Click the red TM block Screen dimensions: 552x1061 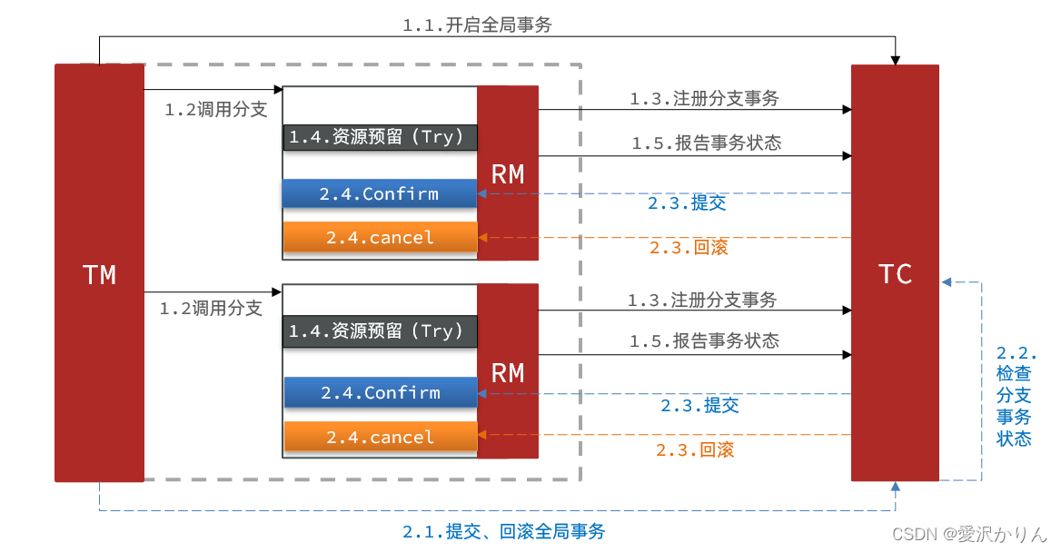[x=99, y=272]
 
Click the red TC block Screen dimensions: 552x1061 [x=895, y=272]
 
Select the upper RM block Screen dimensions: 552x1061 [x=508, y=173]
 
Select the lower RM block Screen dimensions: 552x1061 [x=508, y=371]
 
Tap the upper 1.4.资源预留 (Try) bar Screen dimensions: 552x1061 [x=380, y=137]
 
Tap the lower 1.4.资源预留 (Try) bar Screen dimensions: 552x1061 [x=380, y=331]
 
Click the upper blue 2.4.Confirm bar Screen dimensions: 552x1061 [x=380, y=193]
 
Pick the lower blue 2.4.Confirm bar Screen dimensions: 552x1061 [x=381, y=392]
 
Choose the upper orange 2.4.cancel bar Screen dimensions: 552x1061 [x=380, y=237]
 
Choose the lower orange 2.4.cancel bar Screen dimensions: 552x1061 [x=381, y=437]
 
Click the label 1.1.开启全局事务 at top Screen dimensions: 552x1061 [x=477, y=25]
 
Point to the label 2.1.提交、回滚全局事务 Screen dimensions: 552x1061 [x=503, y=531]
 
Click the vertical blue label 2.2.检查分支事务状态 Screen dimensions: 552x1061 [x=1015, y=396]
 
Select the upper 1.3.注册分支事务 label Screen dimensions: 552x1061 [x=704, y=99]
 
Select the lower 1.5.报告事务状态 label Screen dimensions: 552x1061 [x=704, y=340]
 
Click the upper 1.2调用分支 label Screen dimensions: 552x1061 [x=216, y=110]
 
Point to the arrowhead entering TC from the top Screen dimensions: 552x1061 [x=896, y=60]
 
